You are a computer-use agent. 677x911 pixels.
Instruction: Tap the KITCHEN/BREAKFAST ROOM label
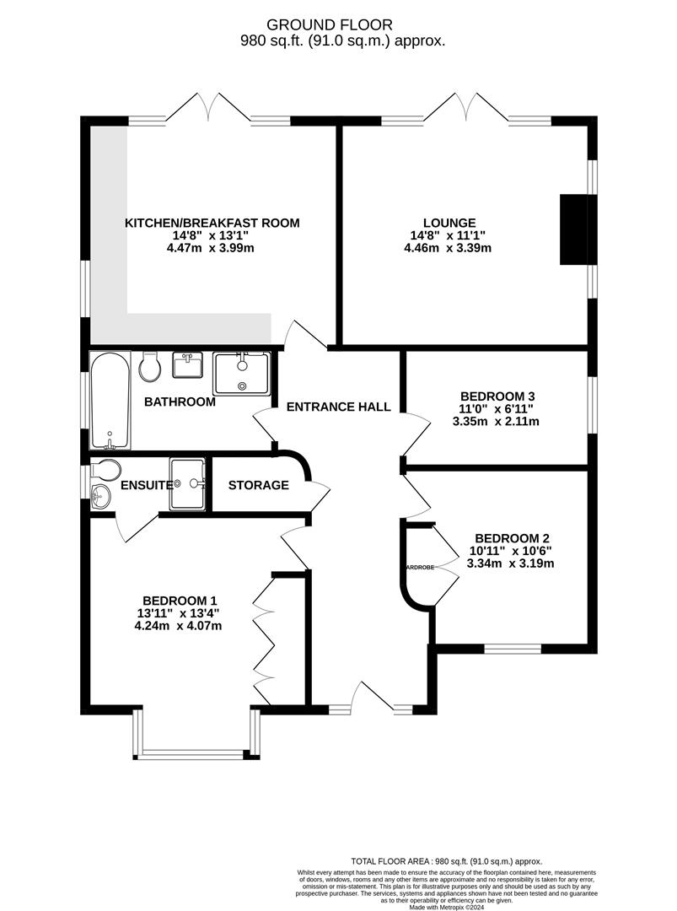point(212,223)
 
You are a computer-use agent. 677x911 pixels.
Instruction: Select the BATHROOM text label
point(180,402)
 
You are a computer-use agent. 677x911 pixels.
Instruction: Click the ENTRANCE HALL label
point(338,407)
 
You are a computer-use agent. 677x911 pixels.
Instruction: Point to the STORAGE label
point(259,485)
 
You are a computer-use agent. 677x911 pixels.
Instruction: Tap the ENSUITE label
point(147,485)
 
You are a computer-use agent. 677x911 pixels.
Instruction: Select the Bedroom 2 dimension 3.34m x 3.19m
point(511,563)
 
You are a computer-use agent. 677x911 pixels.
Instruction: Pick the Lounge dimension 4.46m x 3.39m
point(448,248)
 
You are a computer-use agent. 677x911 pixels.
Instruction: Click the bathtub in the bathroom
point(110,401)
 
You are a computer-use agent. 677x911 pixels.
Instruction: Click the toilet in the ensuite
point(107,470)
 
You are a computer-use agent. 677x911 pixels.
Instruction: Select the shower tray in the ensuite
point(187,484)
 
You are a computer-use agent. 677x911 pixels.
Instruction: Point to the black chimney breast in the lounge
point(575,229)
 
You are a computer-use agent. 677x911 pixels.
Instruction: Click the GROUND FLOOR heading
point(341,25)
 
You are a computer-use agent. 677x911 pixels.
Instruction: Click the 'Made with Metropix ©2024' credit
point(447,907)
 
